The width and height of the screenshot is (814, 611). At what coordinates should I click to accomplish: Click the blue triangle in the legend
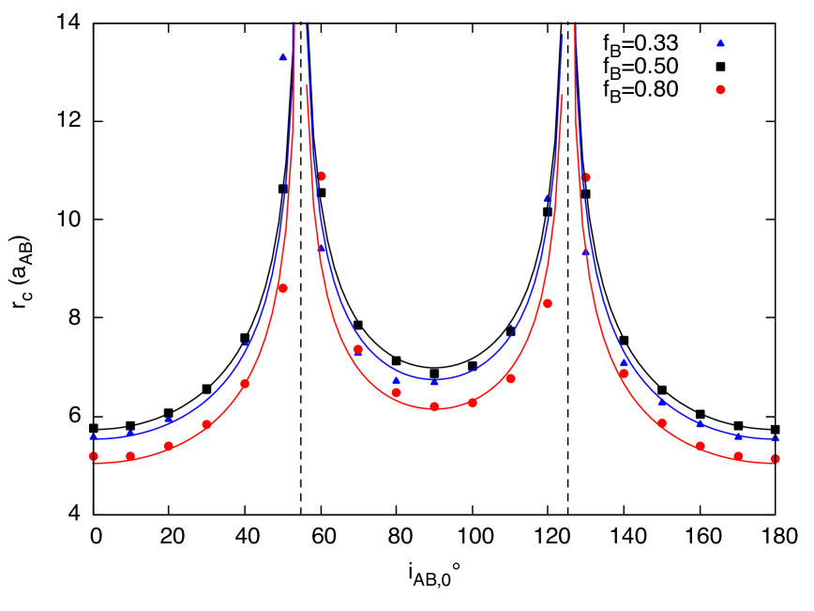point(720,42)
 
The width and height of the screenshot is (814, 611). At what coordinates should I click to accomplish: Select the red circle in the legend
point(720,90)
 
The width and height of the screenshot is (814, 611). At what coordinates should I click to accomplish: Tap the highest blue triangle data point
point(283,57)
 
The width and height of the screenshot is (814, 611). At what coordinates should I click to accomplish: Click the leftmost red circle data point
point(93,456)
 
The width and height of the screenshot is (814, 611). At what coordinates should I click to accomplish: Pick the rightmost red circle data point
point(776,459)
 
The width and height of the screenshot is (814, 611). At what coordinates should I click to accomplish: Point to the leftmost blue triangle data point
point(93,436)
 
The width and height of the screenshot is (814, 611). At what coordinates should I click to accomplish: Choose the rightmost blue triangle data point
point(776,438)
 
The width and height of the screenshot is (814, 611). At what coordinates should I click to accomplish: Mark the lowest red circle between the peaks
point(434,406)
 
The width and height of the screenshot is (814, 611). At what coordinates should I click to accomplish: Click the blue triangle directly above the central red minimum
point(434,382)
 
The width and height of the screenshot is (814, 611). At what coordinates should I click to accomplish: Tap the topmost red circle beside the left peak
point(322,176)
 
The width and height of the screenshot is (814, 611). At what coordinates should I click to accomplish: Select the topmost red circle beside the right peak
point(586,177)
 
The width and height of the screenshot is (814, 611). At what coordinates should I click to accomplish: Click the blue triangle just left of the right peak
point(548,198)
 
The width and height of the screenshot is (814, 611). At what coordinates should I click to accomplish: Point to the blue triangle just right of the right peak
point(586,252)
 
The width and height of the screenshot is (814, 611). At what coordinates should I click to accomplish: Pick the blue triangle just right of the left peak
point(323,249)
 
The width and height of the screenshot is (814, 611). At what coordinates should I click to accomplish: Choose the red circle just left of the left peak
point(282,288)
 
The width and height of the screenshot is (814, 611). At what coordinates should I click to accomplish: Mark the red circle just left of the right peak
point(548,303)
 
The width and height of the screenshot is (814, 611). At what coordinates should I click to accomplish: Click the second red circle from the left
point(130,456)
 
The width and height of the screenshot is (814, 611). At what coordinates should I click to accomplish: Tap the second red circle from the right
point(738,456)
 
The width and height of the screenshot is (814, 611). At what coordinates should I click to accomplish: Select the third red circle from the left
point(169,446)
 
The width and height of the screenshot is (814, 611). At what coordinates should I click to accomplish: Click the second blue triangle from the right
point(738,436)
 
